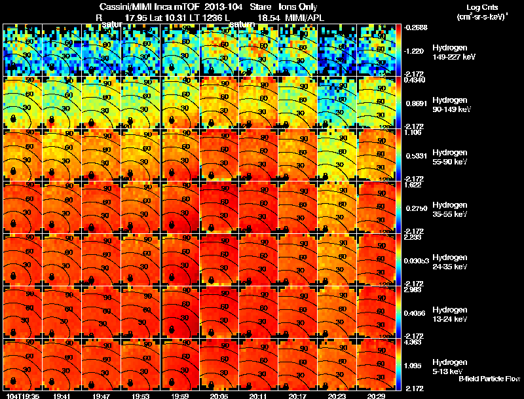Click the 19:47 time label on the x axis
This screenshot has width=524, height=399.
point(102,396)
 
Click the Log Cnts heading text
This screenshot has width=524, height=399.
point(481,7)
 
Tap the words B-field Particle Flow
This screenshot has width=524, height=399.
point(489,379)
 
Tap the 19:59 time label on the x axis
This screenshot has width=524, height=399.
point(180,396)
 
